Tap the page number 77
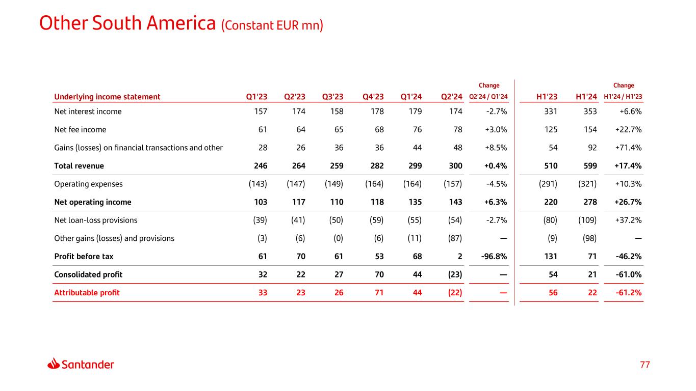[x=645, y=365]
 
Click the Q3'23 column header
[x=332, y=97]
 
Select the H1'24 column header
[x=586, y=97]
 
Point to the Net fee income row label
[x=80, y=129]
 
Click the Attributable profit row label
[x=87, y=293]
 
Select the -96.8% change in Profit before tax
[x=494, y=257]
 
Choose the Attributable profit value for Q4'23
[x=379, y=293]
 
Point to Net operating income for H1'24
[x=590, y=202]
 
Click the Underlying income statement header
[x=107, y=97]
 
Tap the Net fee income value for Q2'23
[x=300, y=129]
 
